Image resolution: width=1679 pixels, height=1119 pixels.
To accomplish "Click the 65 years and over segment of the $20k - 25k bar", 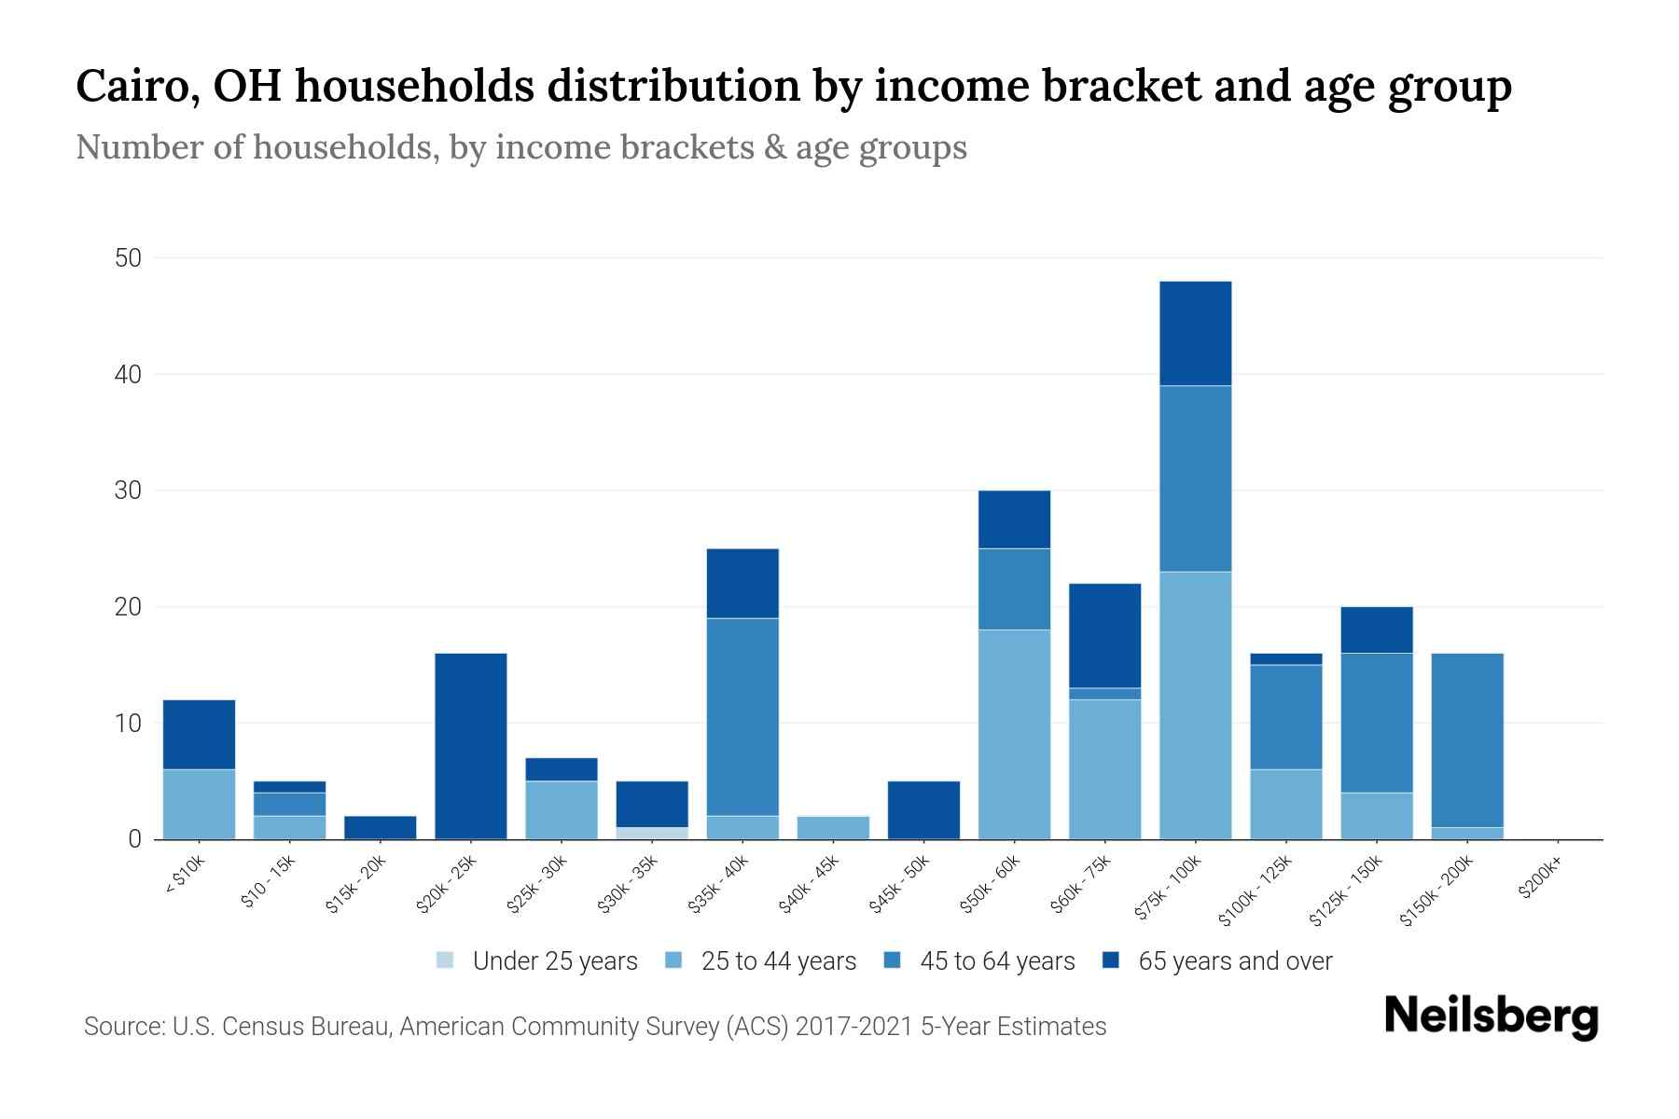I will (471, 746).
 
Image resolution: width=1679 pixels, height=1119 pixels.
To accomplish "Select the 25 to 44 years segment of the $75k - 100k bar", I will (1195, 705).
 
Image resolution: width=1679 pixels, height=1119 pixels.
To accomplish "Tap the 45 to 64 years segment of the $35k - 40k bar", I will (742, 716).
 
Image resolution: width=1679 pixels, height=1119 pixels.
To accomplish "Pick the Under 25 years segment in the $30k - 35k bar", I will (652, 833).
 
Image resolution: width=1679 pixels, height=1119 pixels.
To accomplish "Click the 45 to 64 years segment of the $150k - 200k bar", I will (1467, 740).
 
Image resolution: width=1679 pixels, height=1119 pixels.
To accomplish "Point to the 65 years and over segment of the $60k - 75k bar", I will (1104, 635).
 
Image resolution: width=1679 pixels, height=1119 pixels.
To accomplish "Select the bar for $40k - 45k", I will (834, 828).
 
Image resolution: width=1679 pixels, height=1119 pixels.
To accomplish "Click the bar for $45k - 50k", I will (923, 810).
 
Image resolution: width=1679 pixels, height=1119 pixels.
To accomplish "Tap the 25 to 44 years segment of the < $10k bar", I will (199, 804).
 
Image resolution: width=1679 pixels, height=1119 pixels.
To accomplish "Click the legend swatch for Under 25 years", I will (446, 960).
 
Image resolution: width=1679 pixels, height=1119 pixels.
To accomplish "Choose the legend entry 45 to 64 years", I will (996, 961).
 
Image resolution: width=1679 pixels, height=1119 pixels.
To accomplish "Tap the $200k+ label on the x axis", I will (1539, 880).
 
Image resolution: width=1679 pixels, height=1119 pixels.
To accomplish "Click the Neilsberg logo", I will (1491, 1015).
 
